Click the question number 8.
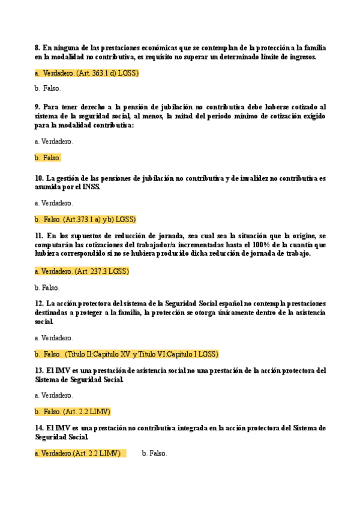point(37,47)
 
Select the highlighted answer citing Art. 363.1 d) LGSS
point(86,73)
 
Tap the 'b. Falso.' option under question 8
point(48,88)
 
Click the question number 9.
point(37,106)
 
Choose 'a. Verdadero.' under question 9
point(53,142)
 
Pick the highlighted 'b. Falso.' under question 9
point(48,158)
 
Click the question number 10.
point(39,178)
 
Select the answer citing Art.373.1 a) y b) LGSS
point(85,219)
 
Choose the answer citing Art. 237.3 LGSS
point(82,271)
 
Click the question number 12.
point(39,304)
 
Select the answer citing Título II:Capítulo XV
point(127,354)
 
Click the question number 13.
point(39,370)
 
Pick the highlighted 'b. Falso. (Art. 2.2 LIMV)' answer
point(73,412)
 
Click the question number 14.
point(39,428)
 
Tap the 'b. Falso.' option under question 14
point(154,454)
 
